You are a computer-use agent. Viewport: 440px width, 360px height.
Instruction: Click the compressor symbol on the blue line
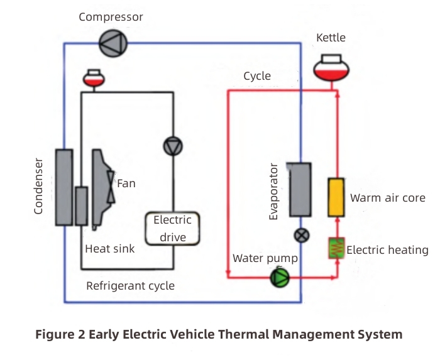pos(114,43)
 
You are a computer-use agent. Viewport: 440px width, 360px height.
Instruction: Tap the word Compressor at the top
pos(111,17)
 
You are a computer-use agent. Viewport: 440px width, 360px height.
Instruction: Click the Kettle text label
pos(331,38)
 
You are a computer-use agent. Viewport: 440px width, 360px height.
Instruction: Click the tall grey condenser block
pos(63,187)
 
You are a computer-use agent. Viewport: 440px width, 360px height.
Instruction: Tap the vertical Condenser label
pos(39,186)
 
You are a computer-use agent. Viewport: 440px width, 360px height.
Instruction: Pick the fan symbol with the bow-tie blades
pos(111,187)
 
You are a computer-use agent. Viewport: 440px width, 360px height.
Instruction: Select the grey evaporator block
pos(300,189)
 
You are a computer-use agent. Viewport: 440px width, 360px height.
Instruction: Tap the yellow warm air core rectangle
pos(335,197)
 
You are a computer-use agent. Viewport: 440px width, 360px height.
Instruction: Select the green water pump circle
pos(278,276)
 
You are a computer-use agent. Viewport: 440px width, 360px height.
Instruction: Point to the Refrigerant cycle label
pos(130,286)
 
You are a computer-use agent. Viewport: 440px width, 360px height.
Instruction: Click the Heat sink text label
pos(110,249)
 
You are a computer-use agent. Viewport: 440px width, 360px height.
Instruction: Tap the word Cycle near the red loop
pos(257,76)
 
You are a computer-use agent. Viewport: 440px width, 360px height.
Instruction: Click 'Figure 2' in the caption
pos(60,334)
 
